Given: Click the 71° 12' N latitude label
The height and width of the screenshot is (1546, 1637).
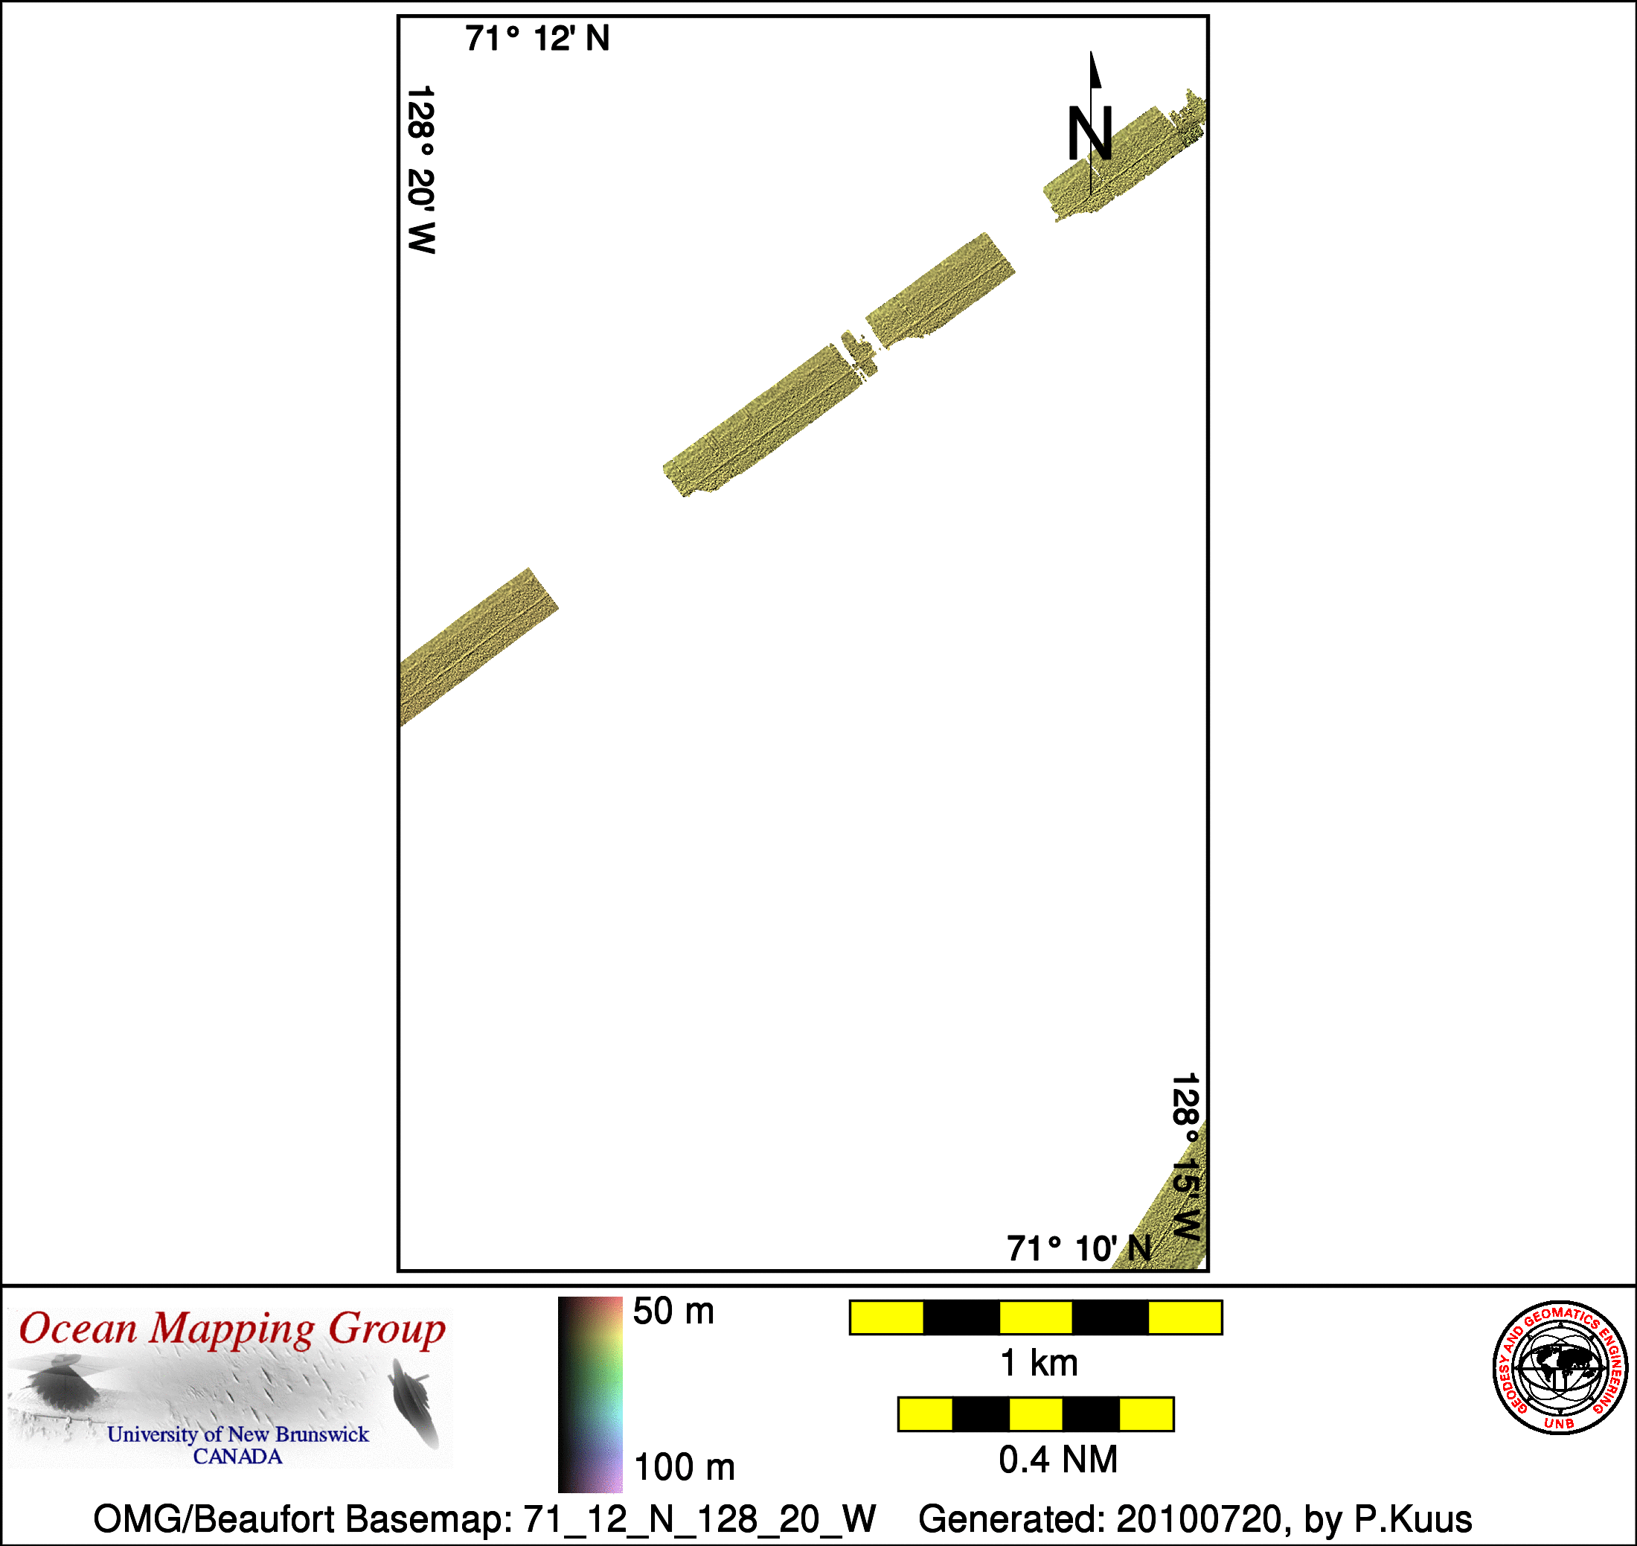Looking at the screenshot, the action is coord(537,39).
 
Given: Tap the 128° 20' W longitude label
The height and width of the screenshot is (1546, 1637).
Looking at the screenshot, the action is coord(421,169).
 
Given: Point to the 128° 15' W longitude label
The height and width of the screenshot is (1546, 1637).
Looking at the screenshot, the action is coord(1185,1156).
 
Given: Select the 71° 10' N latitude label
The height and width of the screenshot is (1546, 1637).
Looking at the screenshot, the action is coord(1079,1248).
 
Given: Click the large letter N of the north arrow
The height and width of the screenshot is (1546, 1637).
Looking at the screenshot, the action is coord(1090,133).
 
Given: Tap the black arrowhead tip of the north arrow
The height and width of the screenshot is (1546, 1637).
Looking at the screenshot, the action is coord(1092,52).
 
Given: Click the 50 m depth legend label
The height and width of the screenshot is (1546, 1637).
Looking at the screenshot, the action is coord(673,1311).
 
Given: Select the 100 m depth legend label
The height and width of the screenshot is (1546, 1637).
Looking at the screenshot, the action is coord(684,1467).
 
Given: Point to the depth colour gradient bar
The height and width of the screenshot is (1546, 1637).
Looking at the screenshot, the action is coord(590,1394).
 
